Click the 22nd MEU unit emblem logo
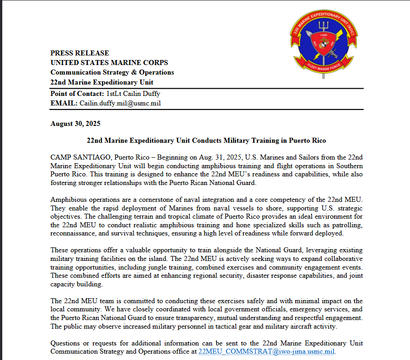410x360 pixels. point(324,43)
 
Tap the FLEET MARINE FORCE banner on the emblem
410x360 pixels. point(324,69)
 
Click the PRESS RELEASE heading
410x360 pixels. point(80,53)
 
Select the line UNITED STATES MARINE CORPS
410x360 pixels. point(109,63)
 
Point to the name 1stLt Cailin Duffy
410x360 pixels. point(133,94)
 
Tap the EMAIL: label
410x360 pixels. point(64,103)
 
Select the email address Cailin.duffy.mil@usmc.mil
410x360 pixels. point(120,103)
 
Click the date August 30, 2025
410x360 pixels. point(75,124)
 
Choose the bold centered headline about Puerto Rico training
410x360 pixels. point(206,140)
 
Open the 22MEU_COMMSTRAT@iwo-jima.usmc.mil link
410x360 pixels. point(267,351)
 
